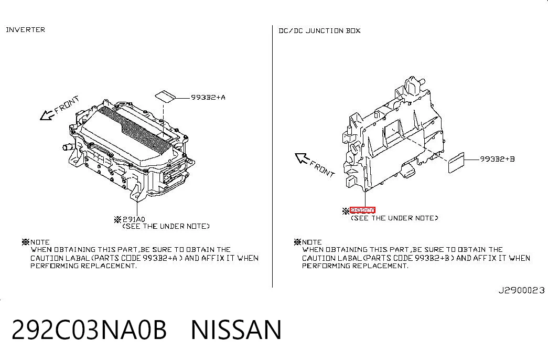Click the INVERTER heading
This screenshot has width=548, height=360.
(x=26, y=30)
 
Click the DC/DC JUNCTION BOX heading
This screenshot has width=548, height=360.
(x=319, y=31)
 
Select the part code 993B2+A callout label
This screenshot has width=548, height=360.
(x=208, y=97)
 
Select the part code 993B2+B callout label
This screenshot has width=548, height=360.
(x=497, y=159)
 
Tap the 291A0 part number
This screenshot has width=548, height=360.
(x=134, y=219)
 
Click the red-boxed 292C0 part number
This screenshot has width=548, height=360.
(x=362, y=210)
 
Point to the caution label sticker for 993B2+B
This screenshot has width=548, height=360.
(x=456, y=163)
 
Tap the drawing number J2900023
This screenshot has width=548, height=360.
(x=521, y=290)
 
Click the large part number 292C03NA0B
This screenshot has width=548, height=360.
(x=89, y=330)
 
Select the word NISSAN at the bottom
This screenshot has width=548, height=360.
(x=236, y=330)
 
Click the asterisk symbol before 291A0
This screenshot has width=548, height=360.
(x=118, y=220)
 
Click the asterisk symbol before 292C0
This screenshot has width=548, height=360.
(x=346, y=210)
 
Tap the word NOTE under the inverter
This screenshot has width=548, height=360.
(x=40, y=242)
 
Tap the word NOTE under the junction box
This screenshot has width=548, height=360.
(x=311, y=242)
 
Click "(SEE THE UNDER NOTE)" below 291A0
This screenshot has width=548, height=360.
(x=166, y=226)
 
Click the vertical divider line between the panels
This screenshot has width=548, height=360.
(x=272, y=156)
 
